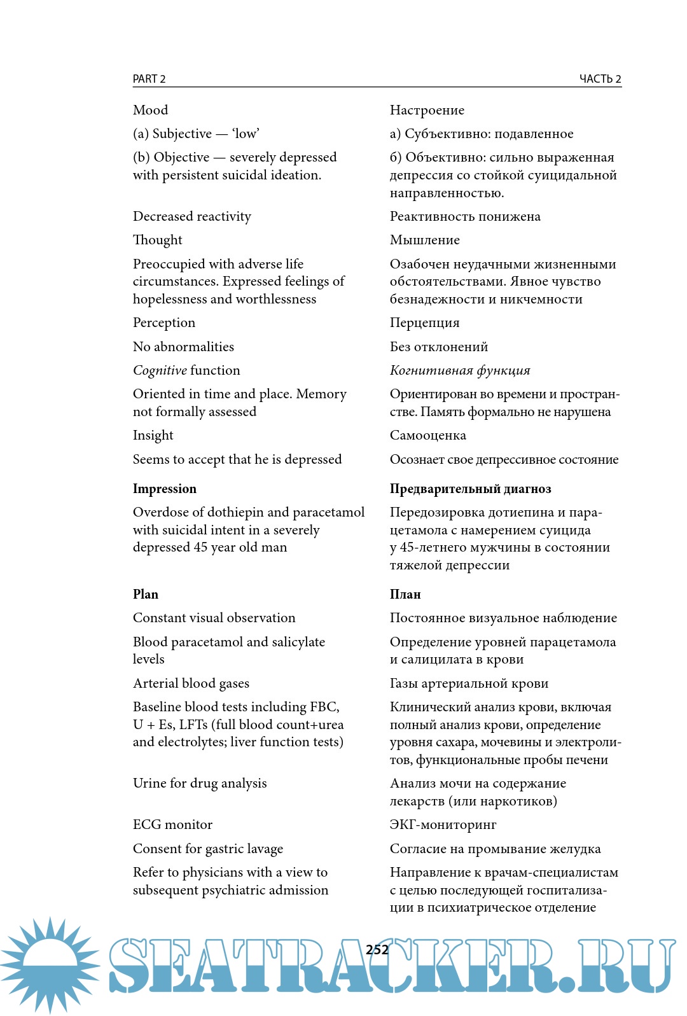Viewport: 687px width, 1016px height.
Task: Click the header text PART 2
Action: (149, 79)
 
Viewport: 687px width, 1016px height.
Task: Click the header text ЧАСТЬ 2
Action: (600, 79)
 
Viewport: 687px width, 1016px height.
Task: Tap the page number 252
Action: (377, 950)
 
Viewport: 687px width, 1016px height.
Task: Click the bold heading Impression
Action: (165, 489)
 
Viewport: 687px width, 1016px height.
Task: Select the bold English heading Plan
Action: (146, 594)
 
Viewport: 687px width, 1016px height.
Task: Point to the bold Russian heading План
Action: (405, 594)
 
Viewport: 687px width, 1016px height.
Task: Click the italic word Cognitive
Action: (160, 370)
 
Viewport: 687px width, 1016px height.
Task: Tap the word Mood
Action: (151, 110)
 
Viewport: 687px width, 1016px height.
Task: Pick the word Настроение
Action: (427, 110)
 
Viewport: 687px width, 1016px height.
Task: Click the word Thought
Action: (158, 240)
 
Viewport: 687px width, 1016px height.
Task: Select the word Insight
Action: (153, 435)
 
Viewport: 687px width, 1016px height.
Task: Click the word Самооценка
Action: (428, 435)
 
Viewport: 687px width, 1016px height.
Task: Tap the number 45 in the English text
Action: (201, 547)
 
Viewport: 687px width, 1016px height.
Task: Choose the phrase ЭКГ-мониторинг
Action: (443, 825)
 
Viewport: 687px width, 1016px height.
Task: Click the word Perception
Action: (164, 323)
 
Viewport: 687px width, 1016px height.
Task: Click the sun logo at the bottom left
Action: (50, 965)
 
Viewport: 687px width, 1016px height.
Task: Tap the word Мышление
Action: (425, 240)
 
